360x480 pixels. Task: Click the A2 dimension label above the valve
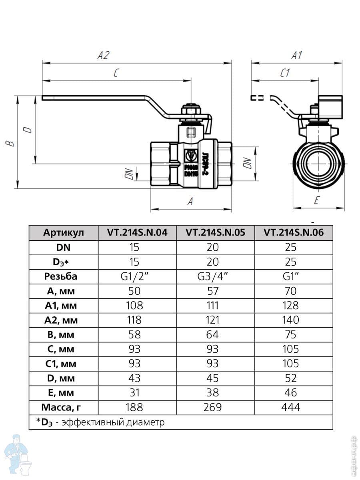[x=103, y=56]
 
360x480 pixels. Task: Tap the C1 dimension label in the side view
[x=285, y=73]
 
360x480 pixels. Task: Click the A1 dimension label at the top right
[x=296, y=55]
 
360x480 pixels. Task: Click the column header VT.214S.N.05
[x=216, y=232]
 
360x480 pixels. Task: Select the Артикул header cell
[x=64, y=233]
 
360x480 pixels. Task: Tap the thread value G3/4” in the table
[x=216, y=276]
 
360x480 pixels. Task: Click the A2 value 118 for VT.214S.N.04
[x=134, y=320]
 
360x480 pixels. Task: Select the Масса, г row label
[x=64, y=408]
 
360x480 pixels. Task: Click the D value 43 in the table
[x=134, y=378]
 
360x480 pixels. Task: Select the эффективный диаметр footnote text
[x=113, y=422]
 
